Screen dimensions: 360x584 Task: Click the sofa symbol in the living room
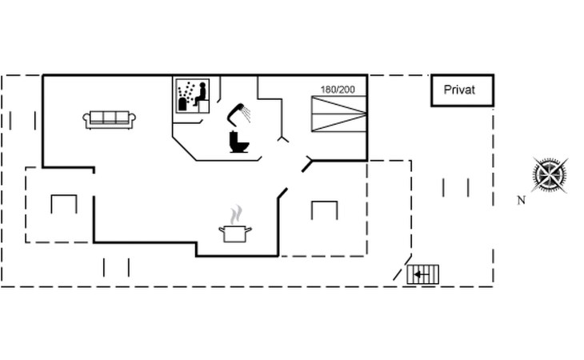pyautogui.click(x=110, y=119)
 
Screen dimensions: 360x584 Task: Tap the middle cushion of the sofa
pyautogui.click(x=110, y=118)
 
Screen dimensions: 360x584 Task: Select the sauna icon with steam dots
pyautogui.click(x=191, y=96)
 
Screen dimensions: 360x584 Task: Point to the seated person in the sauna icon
pyautogui.click(x=201, y=94)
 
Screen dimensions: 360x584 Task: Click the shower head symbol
pyautogui.click(x=238, y=113)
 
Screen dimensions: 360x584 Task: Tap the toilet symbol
pyautogui.click(x=239, y=142)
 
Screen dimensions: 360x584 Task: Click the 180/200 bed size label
pyautogui.click(x=338, y=89)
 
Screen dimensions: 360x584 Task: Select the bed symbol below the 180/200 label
pyautogui.click(x=339, y=114)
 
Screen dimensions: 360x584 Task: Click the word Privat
pyautogui.click(x=459, y=90)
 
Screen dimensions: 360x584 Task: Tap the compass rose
pyautogui.click(x=550, y=175)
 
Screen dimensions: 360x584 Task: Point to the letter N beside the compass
pyautogui.click(x=521, y=201)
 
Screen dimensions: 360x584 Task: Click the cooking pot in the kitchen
pyautogui.click(x=235, y=234)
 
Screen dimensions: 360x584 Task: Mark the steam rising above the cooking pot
pyautogui.click(x=235, y=214)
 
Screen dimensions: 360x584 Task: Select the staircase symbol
pyautogui.click(x=423, y=274)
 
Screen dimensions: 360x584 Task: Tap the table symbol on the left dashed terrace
pyautogui.click(x=63, y=203)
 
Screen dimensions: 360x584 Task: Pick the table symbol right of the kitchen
pyautogui.click(x=324, y=210)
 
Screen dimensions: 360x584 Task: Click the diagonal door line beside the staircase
pyautogui.click(x=402, y=268)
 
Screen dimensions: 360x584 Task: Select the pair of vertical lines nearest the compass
pyautogui.click(x=455, y=187)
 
